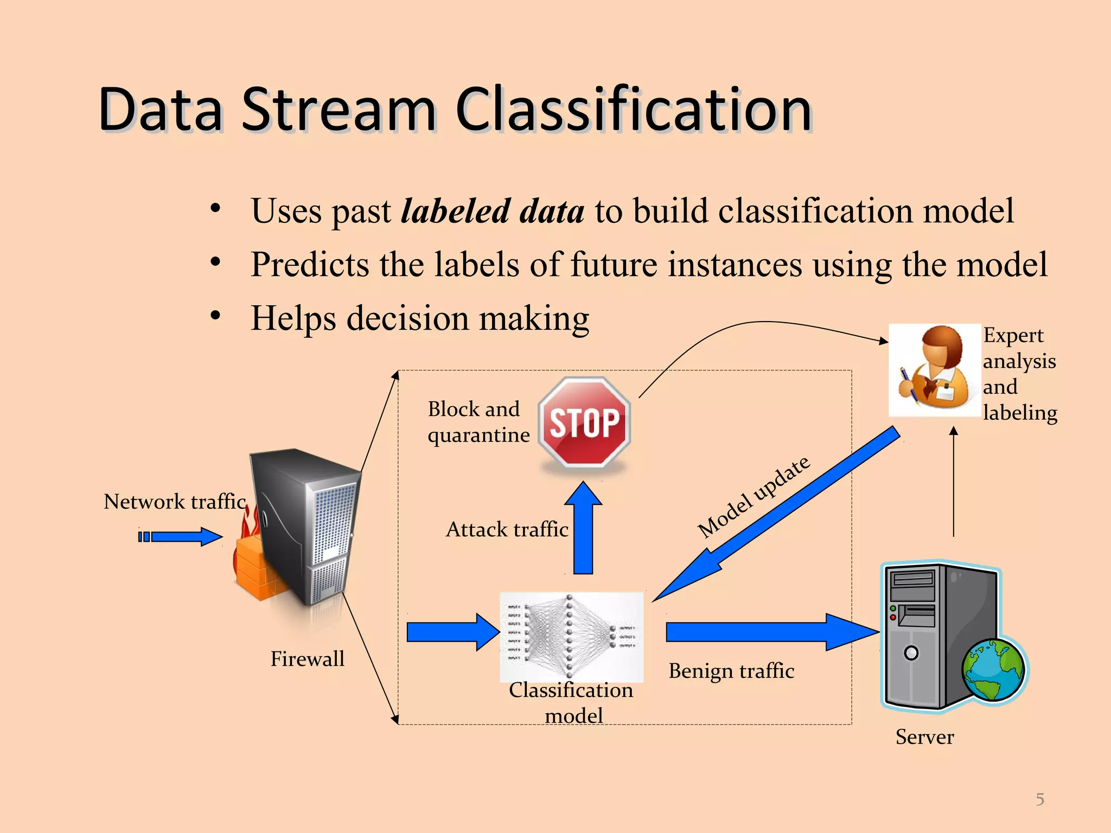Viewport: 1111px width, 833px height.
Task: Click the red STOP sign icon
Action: pyautogui.click(x=584, y=422)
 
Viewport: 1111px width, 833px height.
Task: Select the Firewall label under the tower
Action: pyautogui.click(x=307, y=659)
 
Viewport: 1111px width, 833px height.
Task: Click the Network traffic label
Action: pyautogui.click(x=175, y=502)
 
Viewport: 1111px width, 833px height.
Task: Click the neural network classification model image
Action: pyautogui.click(x=571, y=636)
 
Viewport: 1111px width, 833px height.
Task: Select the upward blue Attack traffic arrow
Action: pyautogui.click(x=583, y=529)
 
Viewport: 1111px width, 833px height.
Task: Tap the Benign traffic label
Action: pyautogui.click(x=731, y=671)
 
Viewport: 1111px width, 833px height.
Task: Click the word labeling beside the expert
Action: pyautogui.click(x=1019, y=413)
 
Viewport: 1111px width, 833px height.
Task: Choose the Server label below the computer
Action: pyautogui.click(x=924, y=737)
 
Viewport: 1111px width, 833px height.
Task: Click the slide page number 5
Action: pyautogui.click(x=1039, y=799)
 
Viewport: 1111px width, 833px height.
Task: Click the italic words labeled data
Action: pyautogui.click(x=492, y=211)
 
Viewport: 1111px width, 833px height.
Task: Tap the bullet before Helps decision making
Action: pyautogui.click(x=215, y=316)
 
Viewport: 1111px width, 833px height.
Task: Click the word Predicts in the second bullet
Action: pyautogui.click(x=309, y=265)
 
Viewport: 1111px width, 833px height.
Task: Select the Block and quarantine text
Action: pyautogui.click(x=478, y=422)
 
